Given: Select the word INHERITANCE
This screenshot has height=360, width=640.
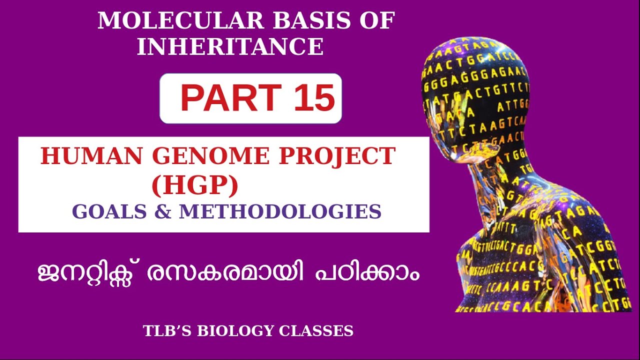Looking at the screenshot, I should click(x=230, y=47).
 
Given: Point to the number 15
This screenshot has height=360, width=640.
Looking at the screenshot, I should click(x=313, y=98).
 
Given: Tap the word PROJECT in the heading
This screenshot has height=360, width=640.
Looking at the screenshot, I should click(x=337, y=156).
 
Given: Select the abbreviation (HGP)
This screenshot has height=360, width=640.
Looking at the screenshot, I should click(x=195, y=185).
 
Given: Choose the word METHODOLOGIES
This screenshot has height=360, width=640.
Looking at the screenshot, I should click(x=280, y=211).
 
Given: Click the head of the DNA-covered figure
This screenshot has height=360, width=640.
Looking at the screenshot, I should click(x=475, y=95).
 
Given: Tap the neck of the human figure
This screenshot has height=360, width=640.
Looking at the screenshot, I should click(x=505, y=175).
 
